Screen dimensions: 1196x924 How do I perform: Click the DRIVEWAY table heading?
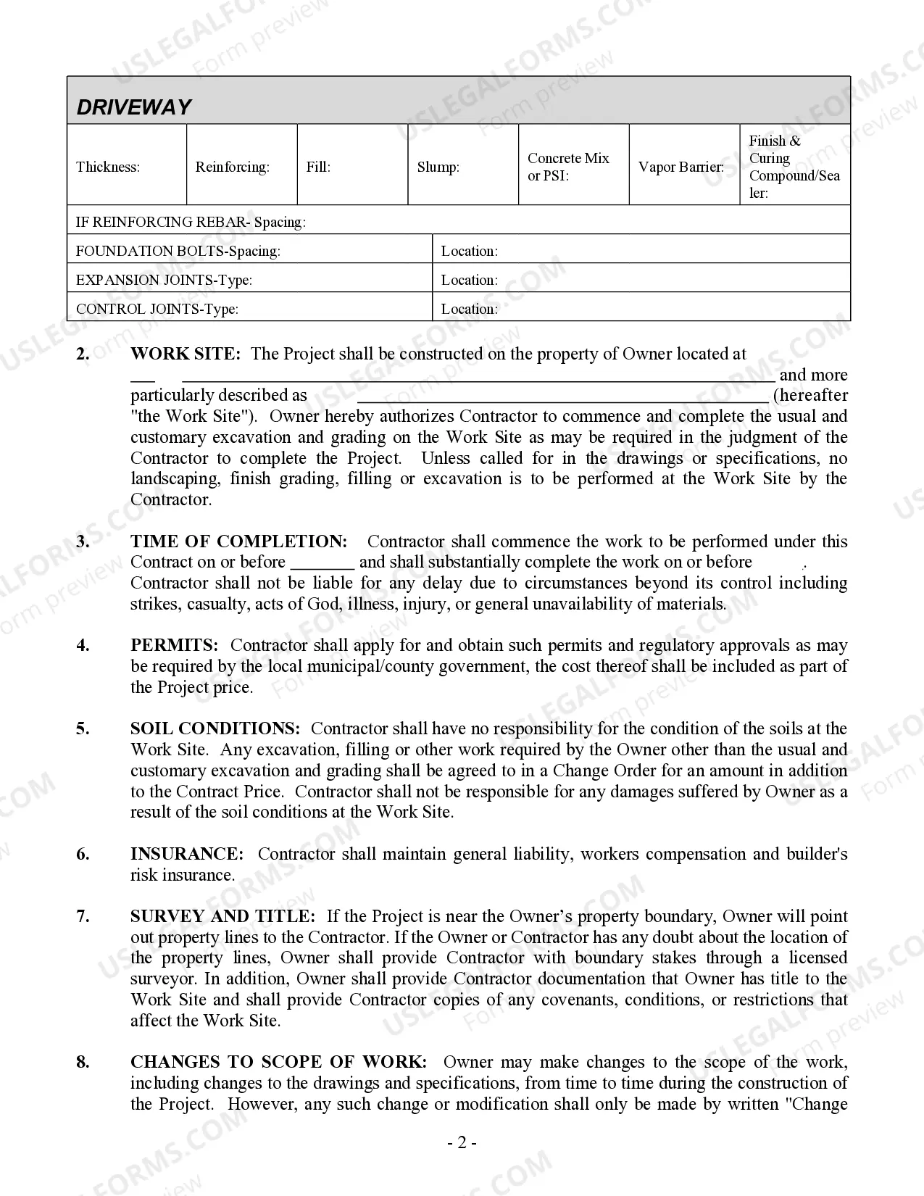point(134,107)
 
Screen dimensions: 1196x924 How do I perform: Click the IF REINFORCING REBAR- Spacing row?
point(458,222)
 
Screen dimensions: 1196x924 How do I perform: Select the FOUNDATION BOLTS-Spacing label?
point(178,251)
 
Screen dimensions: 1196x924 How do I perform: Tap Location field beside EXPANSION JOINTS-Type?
point(641,280)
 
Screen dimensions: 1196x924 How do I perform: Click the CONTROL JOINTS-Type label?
point(157,309)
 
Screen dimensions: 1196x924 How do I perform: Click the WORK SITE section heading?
point(185,354)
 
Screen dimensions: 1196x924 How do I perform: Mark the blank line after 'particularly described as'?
point(562,396)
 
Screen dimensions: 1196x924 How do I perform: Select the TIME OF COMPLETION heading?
point(238,541)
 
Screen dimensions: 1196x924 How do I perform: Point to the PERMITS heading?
point(174,645)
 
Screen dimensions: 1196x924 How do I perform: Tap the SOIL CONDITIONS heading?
point(215,728)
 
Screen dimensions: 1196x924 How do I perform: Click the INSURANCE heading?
point(186,854)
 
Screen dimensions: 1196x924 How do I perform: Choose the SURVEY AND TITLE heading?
point(222,916)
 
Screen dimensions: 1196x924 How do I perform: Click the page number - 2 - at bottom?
point(462,1143)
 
